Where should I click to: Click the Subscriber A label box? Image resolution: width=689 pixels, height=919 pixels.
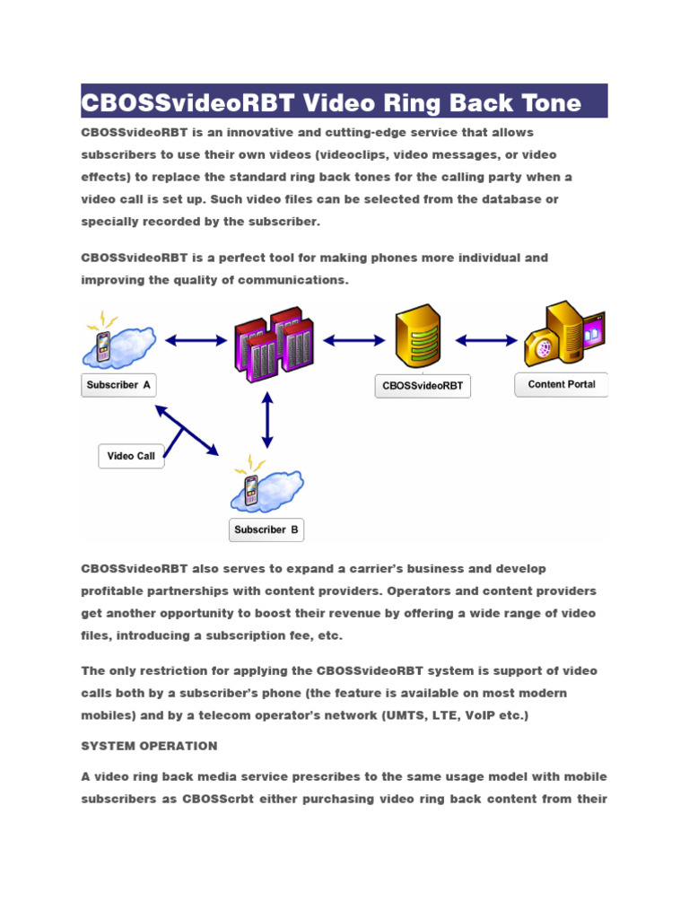click(x=119, y=386)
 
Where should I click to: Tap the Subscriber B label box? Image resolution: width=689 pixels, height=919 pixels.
click(x=266, y=530)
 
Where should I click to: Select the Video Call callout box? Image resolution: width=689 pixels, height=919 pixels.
click(x=131, y=456)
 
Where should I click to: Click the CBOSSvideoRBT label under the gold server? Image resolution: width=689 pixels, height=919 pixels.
click(x=423, y=386)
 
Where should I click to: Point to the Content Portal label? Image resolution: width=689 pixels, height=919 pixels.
click(x=562, y=384)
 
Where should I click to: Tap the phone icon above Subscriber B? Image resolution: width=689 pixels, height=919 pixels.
click(x=253, y=488)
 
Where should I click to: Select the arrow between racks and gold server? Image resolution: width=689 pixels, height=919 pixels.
click(x=354, y=340)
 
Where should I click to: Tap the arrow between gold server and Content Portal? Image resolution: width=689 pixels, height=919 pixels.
click(x=487, y=340)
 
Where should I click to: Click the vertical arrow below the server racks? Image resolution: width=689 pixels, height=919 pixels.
click(x=266, y=421)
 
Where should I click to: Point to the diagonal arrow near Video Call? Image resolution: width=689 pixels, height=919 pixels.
click(x=187, y=430)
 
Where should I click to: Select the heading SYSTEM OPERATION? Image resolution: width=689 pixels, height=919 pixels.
click(x=149, y=746)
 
